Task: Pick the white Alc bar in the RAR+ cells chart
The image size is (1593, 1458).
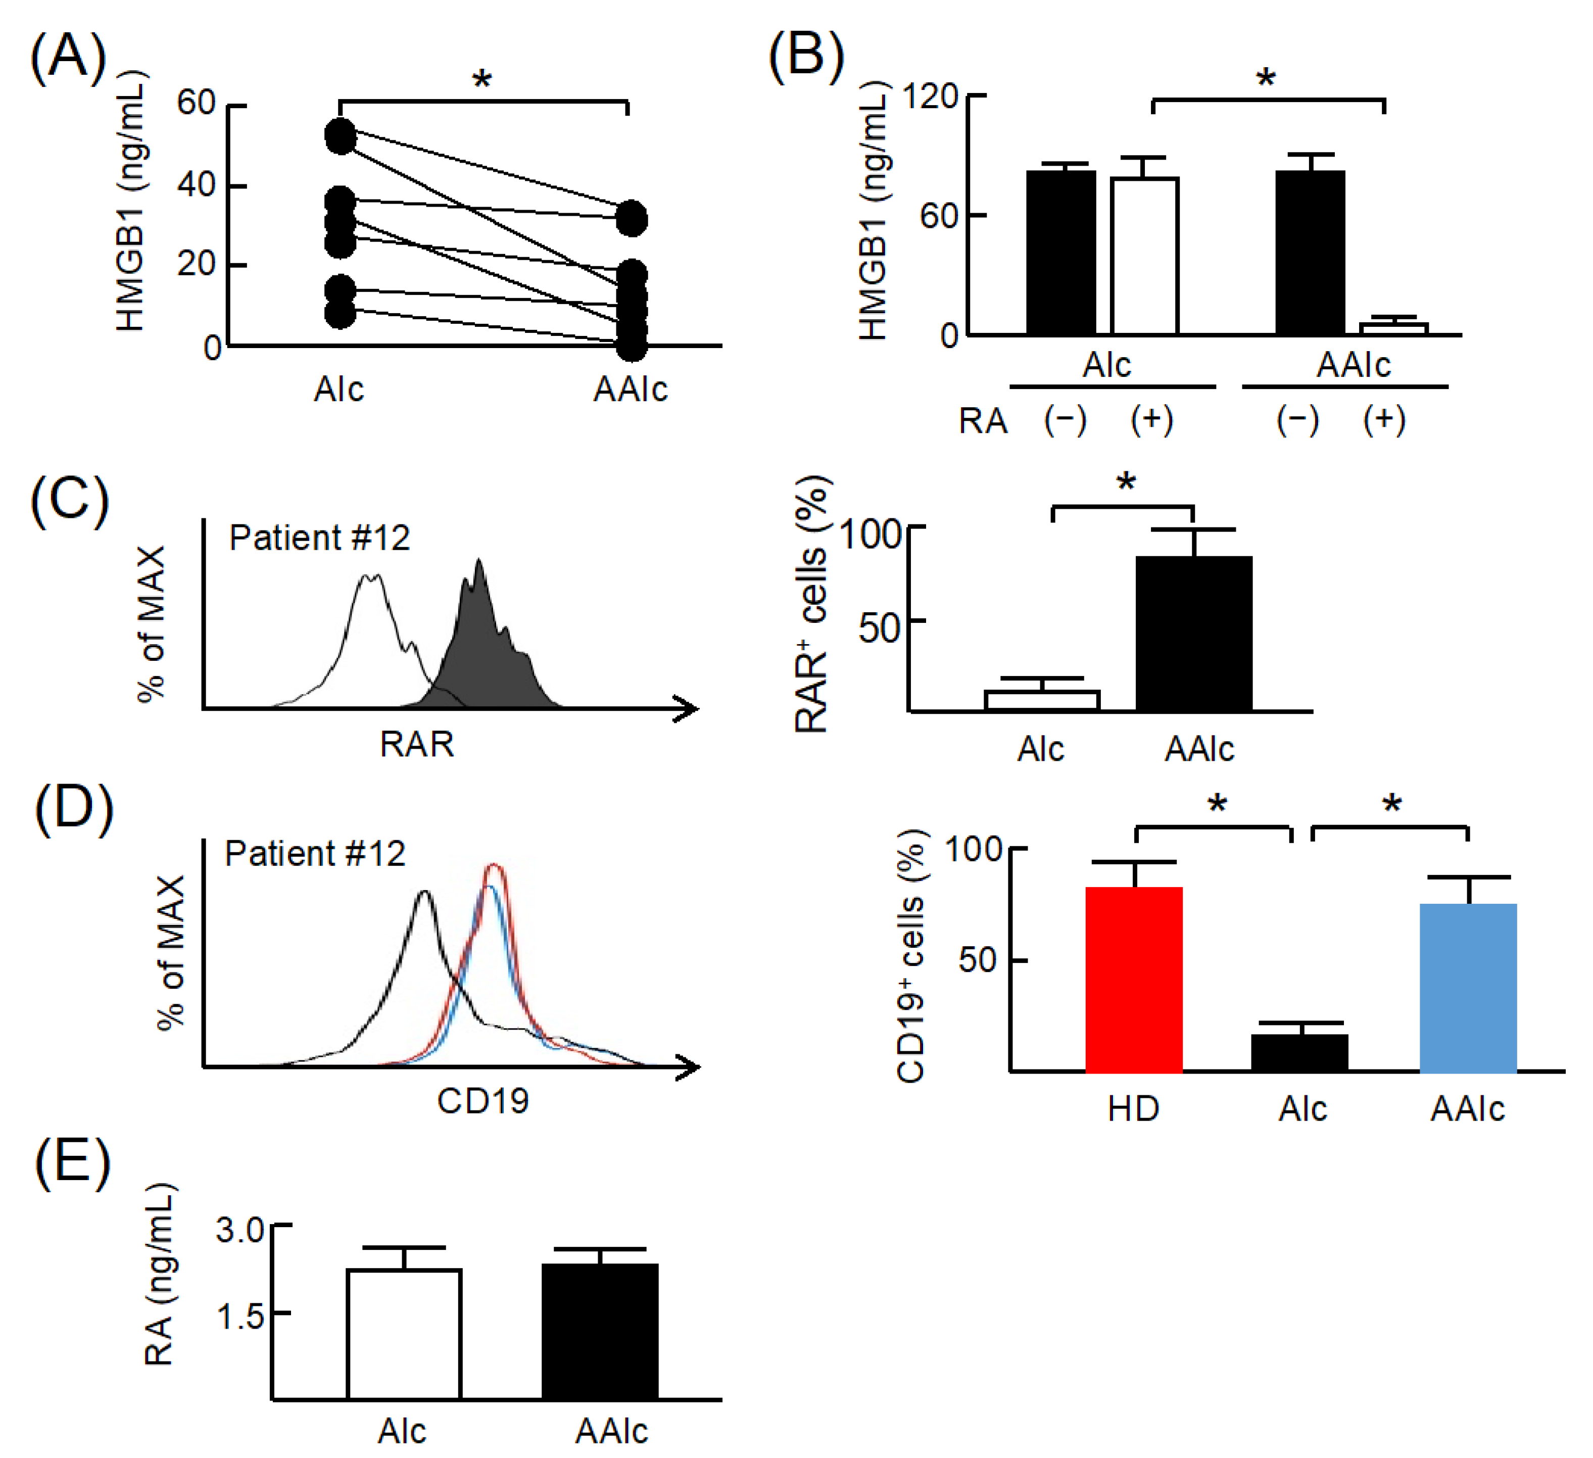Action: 1041,701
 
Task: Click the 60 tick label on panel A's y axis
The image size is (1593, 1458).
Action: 196,103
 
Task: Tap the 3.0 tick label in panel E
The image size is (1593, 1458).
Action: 239,1231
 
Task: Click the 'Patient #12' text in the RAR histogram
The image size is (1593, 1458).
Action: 319,538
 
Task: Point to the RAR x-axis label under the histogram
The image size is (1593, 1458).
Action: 416,744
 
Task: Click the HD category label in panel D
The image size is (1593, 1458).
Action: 1133,1109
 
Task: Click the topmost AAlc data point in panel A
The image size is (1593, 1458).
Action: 632,218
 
